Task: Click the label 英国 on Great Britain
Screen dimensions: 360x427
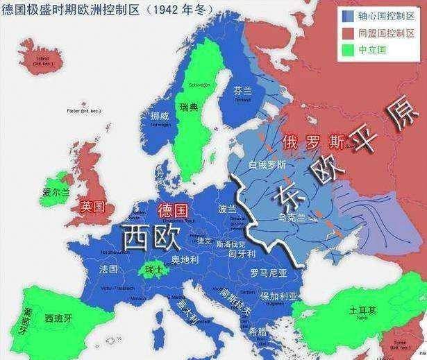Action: [x=92, y=206]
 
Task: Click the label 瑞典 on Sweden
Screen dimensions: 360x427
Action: [x=189, y=108]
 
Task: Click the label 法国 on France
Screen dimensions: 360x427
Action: [x=108, y=268]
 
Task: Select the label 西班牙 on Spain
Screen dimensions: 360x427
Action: [x=58, y=318]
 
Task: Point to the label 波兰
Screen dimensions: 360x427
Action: [x=227, y=208]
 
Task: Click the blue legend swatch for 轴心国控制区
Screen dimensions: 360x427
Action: [x=348, y=15]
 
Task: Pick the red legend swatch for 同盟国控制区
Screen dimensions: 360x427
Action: [x=348, y=32]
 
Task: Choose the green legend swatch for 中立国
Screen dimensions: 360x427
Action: [x=348, y=50]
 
